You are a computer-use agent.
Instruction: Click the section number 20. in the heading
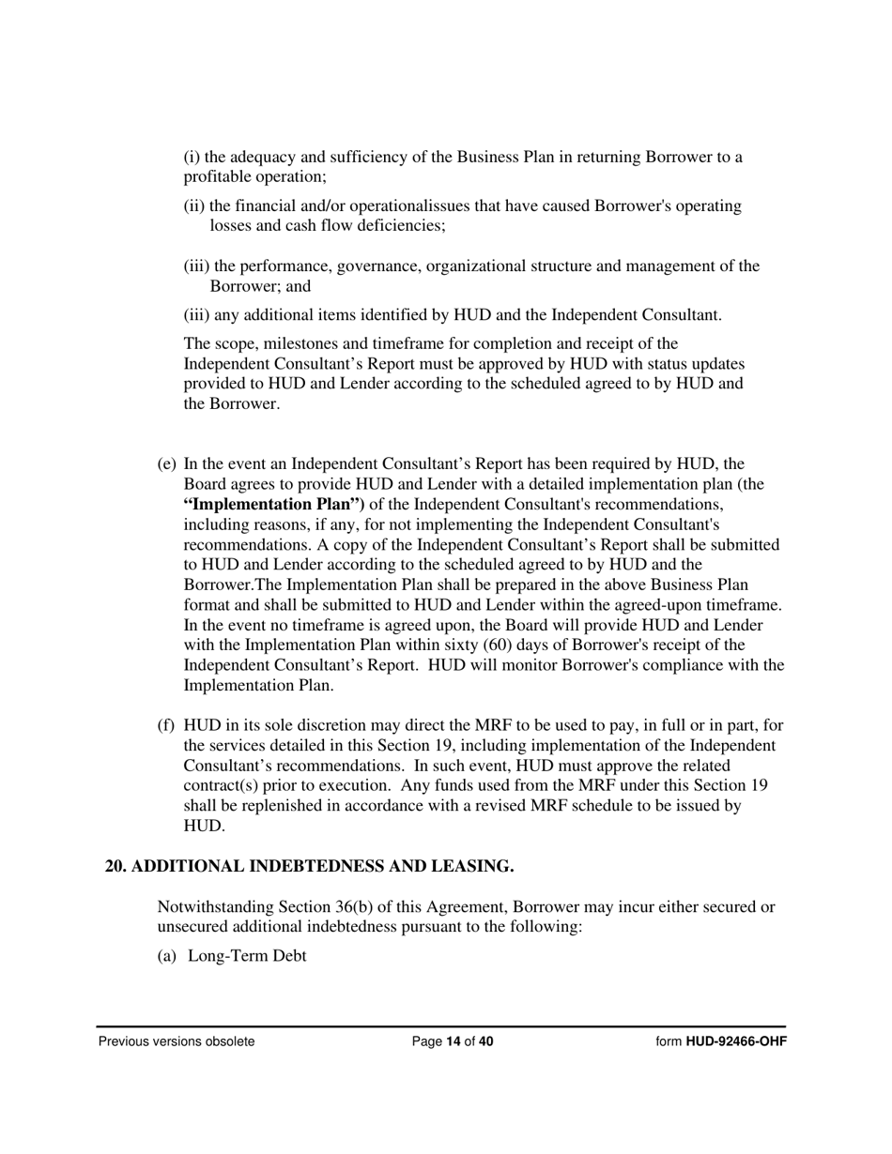coord(115,866)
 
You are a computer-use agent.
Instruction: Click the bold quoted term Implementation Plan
coord(274,505)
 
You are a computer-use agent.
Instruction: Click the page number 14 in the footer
coord(454,1041)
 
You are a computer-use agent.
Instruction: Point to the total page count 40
coord(485,1041)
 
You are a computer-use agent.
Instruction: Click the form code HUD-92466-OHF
coord(735,1041)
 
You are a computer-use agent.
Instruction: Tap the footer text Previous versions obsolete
coord(177,1041)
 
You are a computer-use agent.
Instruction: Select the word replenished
coord(263,806)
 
